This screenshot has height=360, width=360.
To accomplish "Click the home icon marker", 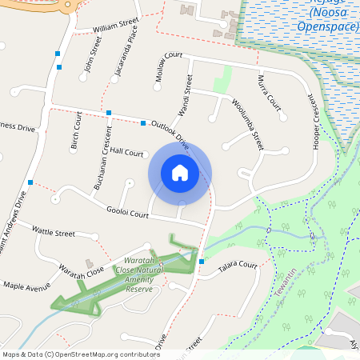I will click(x=180, y=172).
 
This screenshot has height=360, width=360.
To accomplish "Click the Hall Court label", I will click(x=127, y=151).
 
